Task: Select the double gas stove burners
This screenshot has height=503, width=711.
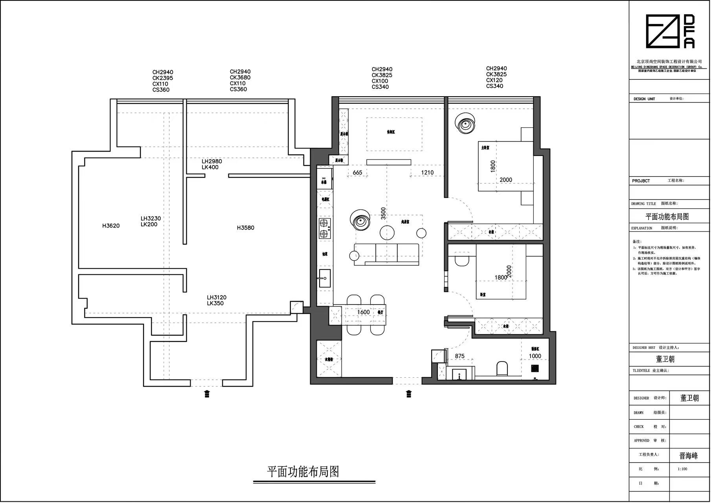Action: (x=324, y=229)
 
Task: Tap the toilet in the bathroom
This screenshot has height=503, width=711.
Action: (x=502, y=369)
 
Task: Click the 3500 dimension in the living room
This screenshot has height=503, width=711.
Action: (x=383, y=213)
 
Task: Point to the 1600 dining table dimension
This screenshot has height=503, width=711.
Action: (x=363, y=312)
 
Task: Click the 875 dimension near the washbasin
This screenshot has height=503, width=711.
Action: (x=459, y=356)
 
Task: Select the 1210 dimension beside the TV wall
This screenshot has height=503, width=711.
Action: (x=427, y=173)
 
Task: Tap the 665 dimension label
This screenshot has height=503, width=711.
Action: (x=357, y=173)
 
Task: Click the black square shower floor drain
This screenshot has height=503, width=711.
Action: (x=535, y=368)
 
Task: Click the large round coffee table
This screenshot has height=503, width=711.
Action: (x=388, y=232)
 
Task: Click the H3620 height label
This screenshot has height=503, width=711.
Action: (x=111, y=226)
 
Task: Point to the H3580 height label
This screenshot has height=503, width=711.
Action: (x=246, y=228)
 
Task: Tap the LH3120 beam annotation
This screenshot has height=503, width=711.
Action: (x=217, y=297)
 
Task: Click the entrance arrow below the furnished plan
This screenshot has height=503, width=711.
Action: (x=409, y=394)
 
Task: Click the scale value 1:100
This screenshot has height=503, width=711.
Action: (x=683, y=469)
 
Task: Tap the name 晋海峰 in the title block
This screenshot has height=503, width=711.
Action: (x=689, y=456)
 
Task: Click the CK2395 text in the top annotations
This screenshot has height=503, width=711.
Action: (x=163, y=78)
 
